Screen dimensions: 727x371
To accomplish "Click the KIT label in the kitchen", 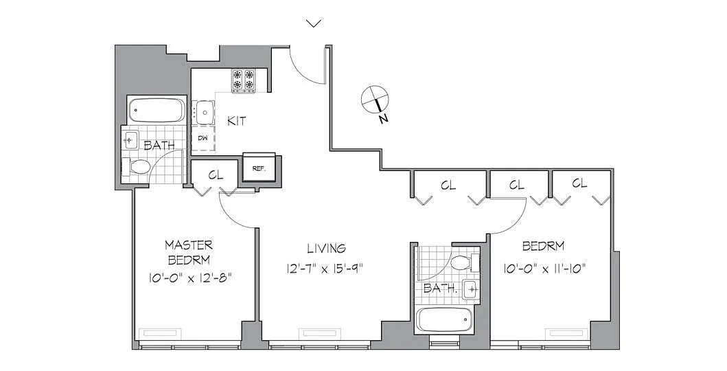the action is click(237, 122).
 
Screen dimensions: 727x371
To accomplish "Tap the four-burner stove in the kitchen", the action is click(244, 80).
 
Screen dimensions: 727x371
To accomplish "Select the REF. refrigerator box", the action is click(259, 168).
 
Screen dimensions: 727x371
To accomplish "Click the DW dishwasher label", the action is click(203, 137).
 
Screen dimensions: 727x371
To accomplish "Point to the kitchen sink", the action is click(205, 111).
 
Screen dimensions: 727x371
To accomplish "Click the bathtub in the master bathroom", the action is click(157, 109).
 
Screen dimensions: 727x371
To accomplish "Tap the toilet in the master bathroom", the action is click(135, 166).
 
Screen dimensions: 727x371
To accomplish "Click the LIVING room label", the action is click(326, 248).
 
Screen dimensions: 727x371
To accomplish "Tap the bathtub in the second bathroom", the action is click(444, 319).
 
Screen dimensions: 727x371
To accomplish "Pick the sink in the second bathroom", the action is click(472, 290).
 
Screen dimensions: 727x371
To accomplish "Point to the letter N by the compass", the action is click(384, 119).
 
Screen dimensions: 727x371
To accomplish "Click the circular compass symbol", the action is click(375, 99).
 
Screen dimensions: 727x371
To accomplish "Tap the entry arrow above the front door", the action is click(314, 23).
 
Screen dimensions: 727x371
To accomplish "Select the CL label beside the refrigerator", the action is click(216, 175).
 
